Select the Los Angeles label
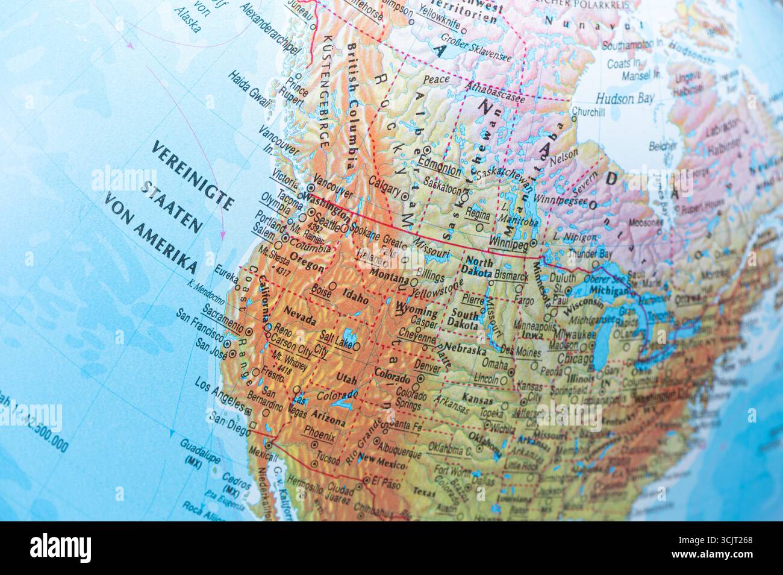point(220,394)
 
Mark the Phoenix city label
point(319,432)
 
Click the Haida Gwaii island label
point(247,90)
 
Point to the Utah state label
point(346,378)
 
